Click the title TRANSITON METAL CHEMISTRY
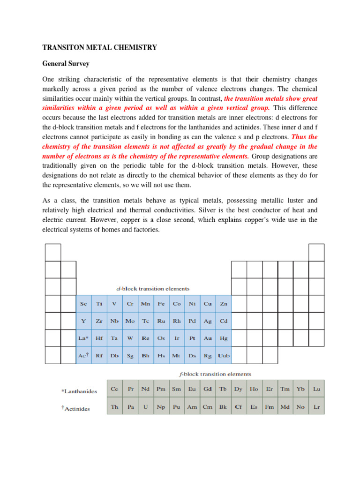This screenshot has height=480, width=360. point(100,47)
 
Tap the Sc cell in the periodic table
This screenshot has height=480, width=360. point(83,304)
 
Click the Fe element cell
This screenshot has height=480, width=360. point(161,304)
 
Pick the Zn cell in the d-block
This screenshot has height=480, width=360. point(224,304)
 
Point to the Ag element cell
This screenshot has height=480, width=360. point(208,321)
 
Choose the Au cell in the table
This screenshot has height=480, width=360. point(208,338)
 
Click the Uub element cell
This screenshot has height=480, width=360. point(224,356)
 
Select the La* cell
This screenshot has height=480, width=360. point(83,338)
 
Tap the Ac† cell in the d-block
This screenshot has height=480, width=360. point(83,356)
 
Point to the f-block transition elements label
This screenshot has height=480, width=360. point(217,374)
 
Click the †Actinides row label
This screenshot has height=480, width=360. point(75,408)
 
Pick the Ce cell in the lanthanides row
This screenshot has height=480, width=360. point(114,389)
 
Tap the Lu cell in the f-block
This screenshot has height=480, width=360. point(316,389)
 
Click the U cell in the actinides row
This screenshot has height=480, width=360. point(145,407)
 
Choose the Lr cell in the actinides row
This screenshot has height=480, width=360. point(316,407)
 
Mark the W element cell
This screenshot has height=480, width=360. point(130,338)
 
